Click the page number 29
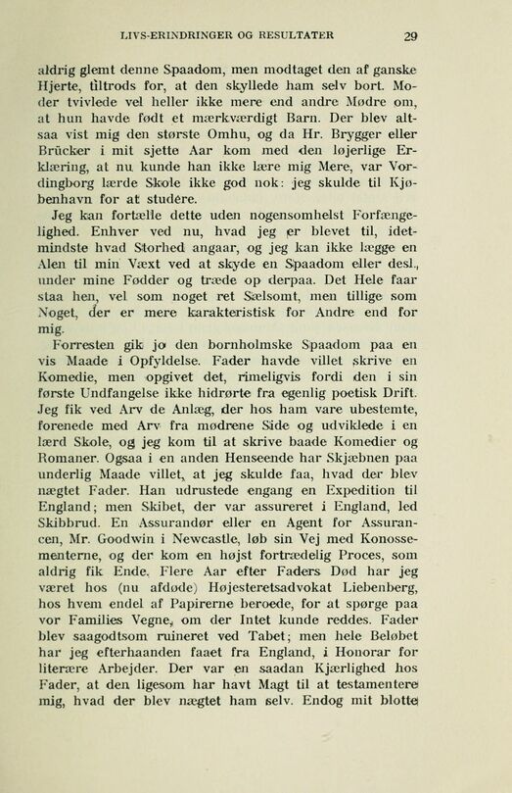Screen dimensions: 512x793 (411, 37)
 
